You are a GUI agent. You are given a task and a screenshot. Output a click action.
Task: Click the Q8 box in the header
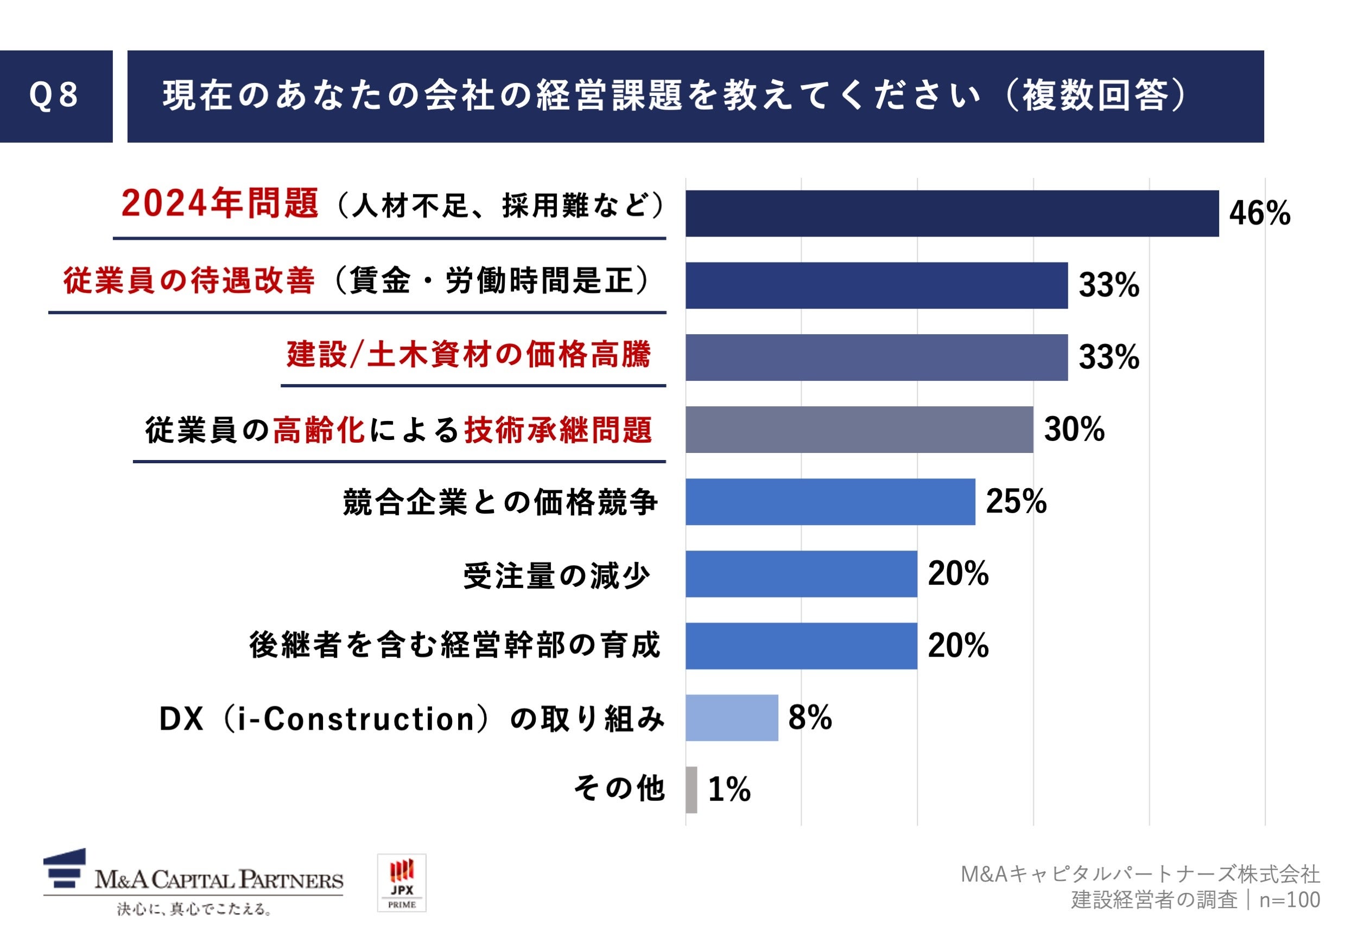pos(55,96)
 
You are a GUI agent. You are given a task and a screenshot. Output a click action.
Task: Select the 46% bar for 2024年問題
pos(951,213)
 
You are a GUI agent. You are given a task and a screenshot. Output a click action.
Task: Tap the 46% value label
pos(1259,213)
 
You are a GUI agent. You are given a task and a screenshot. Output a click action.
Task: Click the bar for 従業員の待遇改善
pos(876,285)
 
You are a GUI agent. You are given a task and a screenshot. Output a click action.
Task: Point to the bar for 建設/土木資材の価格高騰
pos(876,357)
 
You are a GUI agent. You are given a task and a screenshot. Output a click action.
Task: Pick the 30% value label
pos(1073,429)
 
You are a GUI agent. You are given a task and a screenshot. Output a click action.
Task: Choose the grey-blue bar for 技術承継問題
pos(858,430)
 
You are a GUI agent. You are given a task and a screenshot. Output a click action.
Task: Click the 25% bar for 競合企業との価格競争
pos(829,501)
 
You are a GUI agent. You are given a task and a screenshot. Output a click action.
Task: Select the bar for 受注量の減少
pos(801,573)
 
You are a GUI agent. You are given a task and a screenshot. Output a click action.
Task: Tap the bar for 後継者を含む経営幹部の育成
pos(801,646)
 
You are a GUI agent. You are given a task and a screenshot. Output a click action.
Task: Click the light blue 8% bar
pos(731,717)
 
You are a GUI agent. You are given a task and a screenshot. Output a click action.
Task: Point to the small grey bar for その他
pos(690,790)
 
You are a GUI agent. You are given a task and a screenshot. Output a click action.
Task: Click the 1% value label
pos(729,790)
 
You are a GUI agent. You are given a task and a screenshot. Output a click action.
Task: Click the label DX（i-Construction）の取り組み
pos(411,718)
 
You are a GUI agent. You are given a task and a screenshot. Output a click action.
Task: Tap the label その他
pos(619,788)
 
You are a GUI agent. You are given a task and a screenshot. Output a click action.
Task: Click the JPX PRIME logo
pos(401,883)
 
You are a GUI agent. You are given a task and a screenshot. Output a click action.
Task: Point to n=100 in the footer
pos(1289,900)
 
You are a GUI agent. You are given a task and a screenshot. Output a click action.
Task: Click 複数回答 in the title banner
pos(1094,96)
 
